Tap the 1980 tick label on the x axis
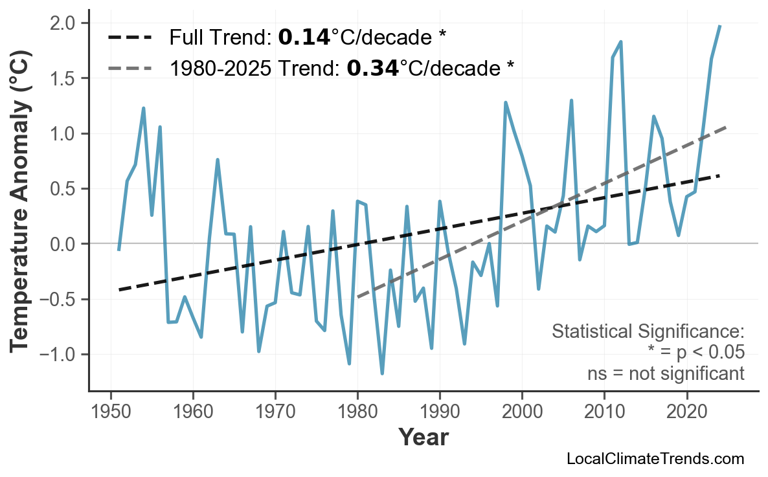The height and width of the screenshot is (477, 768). (357, 412)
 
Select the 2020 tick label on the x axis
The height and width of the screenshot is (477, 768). (686, 412)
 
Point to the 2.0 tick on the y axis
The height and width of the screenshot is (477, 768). (65, 23)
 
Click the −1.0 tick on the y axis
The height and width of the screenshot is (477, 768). (60, 355)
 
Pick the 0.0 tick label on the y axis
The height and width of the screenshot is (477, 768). (65, 244)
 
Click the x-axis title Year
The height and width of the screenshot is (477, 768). (423, 438)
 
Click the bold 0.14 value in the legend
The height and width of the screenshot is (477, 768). (304, 38)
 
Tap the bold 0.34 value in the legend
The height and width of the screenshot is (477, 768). (372, 67)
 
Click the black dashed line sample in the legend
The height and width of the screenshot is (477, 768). (130, 38)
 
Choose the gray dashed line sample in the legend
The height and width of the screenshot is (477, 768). (130, 67)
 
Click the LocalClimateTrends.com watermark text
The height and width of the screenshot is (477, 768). (655, 459)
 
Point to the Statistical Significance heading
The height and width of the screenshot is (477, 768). (648, 332)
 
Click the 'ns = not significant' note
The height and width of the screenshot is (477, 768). (665, 373)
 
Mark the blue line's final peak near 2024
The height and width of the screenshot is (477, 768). (720, 26)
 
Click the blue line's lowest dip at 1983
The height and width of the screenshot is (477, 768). (382, 373)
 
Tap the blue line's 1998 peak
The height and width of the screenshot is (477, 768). (505, 102)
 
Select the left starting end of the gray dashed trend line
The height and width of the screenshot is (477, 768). (357, 297)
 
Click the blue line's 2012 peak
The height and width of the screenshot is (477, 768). (620, 42)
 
